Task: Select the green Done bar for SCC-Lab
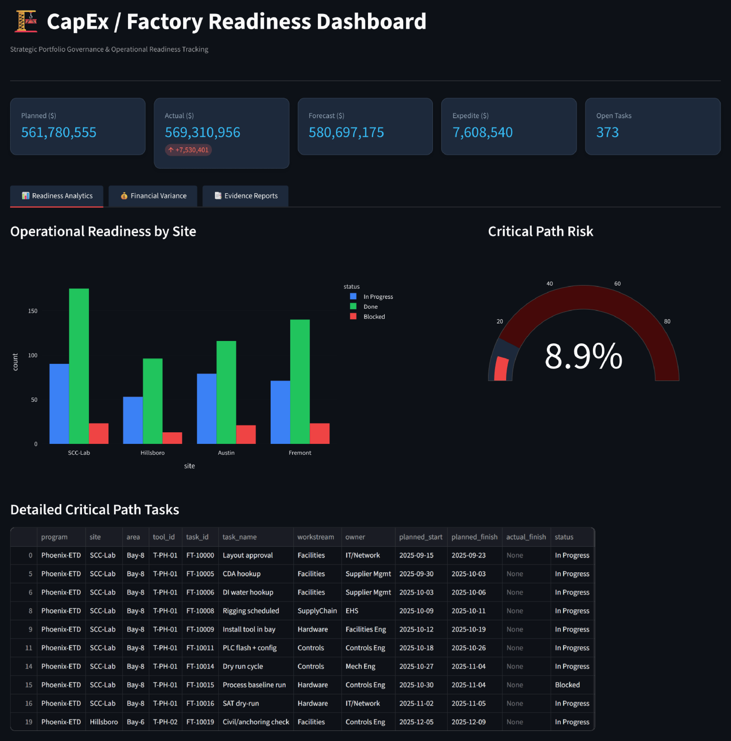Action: (x=79, y=366)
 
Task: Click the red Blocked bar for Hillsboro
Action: (x=172, y=438)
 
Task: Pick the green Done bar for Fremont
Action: (x=300, y=382)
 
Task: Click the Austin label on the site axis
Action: (x=226, y=453)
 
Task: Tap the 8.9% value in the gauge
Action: (x=583, y=356)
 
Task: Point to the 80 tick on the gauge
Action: (x=667, y=321)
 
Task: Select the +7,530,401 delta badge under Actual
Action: (x=188, y=150)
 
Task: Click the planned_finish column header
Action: (x=474, y=537)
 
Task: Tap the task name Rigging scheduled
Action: (x=251, y=611)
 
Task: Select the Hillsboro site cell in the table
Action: (x=104, y=722)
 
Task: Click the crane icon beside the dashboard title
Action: (x=26, y=21)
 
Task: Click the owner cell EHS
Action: (x=352, y=611)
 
